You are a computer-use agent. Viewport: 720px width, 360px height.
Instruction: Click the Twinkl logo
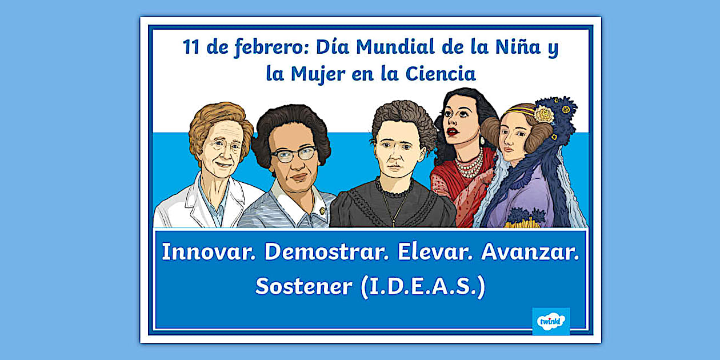tap(551, 322)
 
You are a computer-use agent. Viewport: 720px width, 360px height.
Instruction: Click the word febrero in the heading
tap(269, 47)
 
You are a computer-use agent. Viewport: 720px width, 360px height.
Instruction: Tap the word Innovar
tap(209, 252)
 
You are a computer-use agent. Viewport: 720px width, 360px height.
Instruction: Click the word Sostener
tap(303, 286)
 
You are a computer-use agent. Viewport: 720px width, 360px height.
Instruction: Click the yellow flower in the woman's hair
tap(544, 114)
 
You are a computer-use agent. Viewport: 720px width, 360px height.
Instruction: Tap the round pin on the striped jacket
tap(322, 211)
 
